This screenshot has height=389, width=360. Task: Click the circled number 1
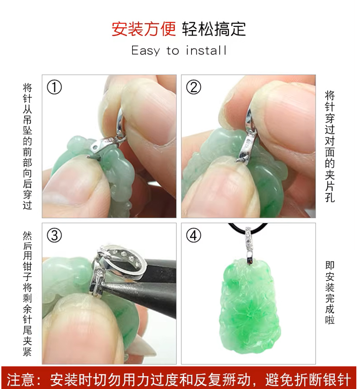point(54,87)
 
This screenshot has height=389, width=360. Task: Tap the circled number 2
point(193,87)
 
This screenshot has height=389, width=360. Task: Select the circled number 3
point(54,235)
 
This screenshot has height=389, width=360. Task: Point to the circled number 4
point(193,235)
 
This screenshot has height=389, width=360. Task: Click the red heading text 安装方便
point(144,29)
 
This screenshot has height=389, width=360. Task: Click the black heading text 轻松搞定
point(214,29)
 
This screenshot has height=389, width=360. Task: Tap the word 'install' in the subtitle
point(206,51)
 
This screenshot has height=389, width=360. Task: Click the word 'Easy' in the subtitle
point(146,51)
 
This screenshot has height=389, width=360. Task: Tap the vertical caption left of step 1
point(27,146)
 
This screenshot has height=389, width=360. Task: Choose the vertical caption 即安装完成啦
point(330,293)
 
